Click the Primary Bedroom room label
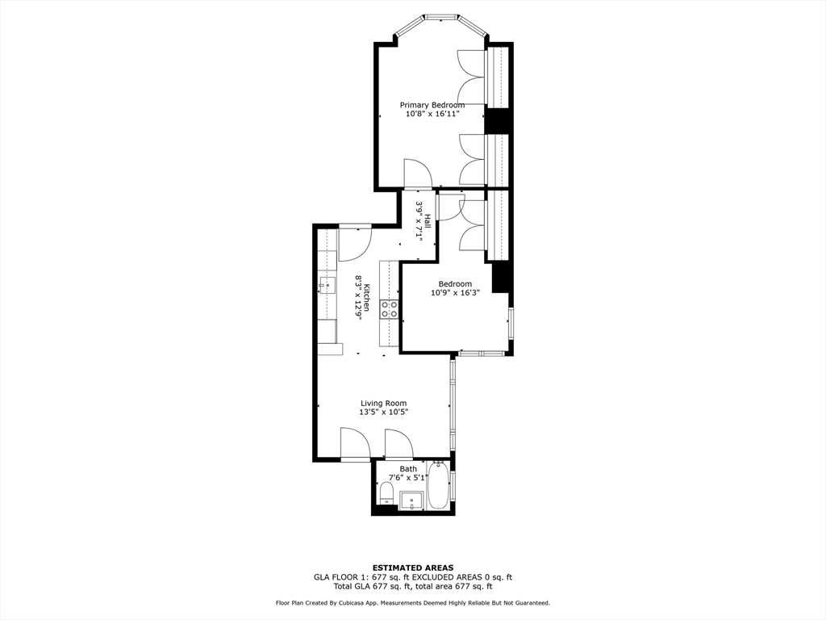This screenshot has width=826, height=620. coord(432,105)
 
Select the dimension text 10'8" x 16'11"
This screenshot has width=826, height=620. coord(432,115)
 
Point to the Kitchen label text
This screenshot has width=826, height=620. coord(366,298)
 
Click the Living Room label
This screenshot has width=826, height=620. coord(383,403)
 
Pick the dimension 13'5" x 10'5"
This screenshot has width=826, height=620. coord(383,413)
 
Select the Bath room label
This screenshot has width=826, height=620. coord(408,468)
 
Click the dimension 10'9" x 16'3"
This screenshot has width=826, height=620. coord(455,293)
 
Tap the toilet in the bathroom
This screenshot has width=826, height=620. coord(386,493)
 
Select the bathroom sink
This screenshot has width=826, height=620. coord(412,501)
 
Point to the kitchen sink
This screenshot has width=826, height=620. coord(327,284)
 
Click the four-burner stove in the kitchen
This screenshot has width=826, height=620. coord(389,308)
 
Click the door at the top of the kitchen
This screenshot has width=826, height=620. coord(354,243)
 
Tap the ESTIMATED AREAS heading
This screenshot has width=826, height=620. coord(412,568)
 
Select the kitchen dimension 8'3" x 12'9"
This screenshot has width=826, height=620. coord(357,298)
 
